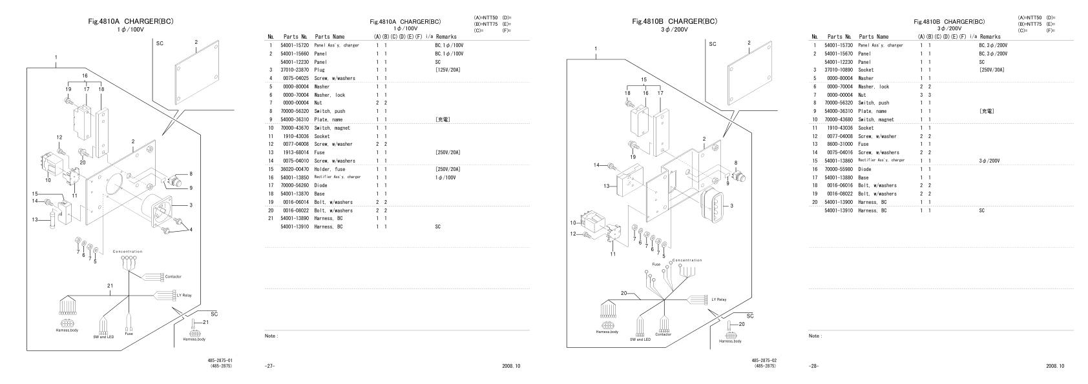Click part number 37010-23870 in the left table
[x=294, y=70]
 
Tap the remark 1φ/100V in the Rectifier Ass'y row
[x=445, y=177]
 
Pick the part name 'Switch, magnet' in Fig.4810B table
[x=875, y=119]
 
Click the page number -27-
[x=269, y=367]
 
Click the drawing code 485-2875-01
[x=220, y=361]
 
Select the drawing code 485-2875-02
[x=764, y=361]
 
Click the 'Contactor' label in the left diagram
[x=173, y=277]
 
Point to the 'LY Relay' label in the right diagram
[x=718, y=299]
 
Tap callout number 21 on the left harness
[x=110, y=285]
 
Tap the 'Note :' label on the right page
[x=815, y=336]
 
